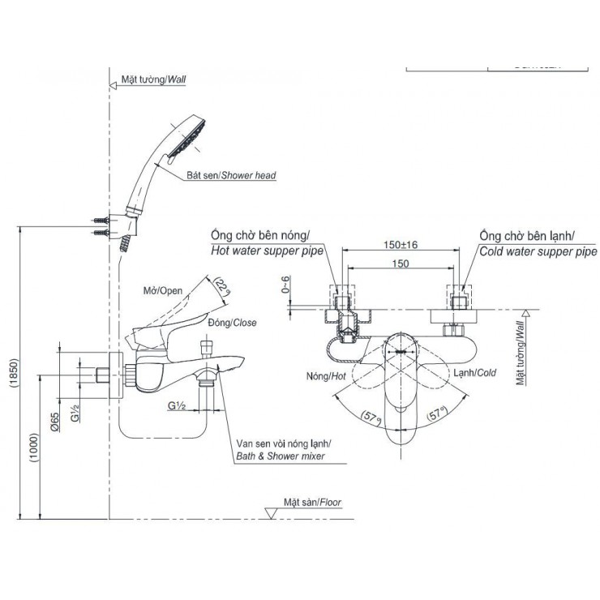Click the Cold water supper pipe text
point(538,251)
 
